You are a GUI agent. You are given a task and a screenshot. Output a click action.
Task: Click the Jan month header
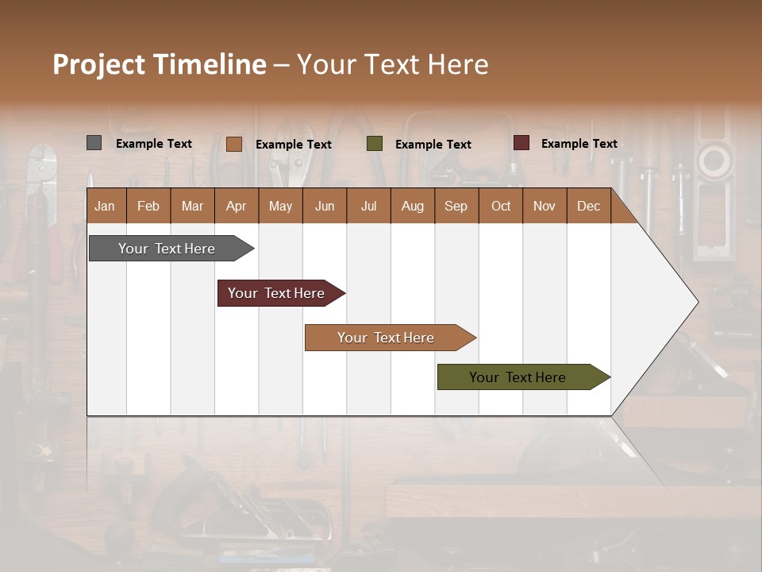pyautogui.click(x=105, y=206)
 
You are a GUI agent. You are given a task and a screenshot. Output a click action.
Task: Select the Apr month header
pyautogui.click(x=236, y=206)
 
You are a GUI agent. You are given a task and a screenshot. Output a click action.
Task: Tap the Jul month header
pyautogui.click(x=368, y=206)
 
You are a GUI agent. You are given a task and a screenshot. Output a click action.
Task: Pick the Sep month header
pyautogui.click(x=456, y=206)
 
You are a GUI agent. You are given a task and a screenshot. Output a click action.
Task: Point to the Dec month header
pyautogui.click(x=588, y=206)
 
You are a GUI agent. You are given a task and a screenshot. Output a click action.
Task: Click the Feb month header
pyautogui.click(x=148, y=206)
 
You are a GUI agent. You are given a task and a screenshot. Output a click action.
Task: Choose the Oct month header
pyautogui.click(x=501, y=206)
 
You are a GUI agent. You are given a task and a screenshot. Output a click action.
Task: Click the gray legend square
pyautogui.click(x=94, y=143)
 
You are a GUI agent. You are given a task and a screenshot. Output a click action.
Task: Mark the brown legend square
pyautogui.click(x=233, y=144)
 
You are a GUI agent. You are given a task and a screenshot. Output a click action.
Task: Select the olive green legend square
pyautogui.click(x=375, y=144)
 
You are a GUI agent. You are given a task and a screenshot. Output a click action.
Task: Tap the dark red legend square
pyautogui.click(x=521, y=143)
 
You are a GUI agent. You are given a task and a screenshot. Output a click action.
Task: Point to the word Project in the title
pyautogui.click(x=98, y=64)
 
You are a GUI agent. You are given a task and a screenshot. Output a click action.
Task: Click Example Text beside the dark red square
pyautogui.click(x=579, y=143)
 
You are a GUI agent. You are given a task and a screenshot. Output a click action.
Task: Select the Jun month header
pyautogui.click(x=324, y=206)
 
